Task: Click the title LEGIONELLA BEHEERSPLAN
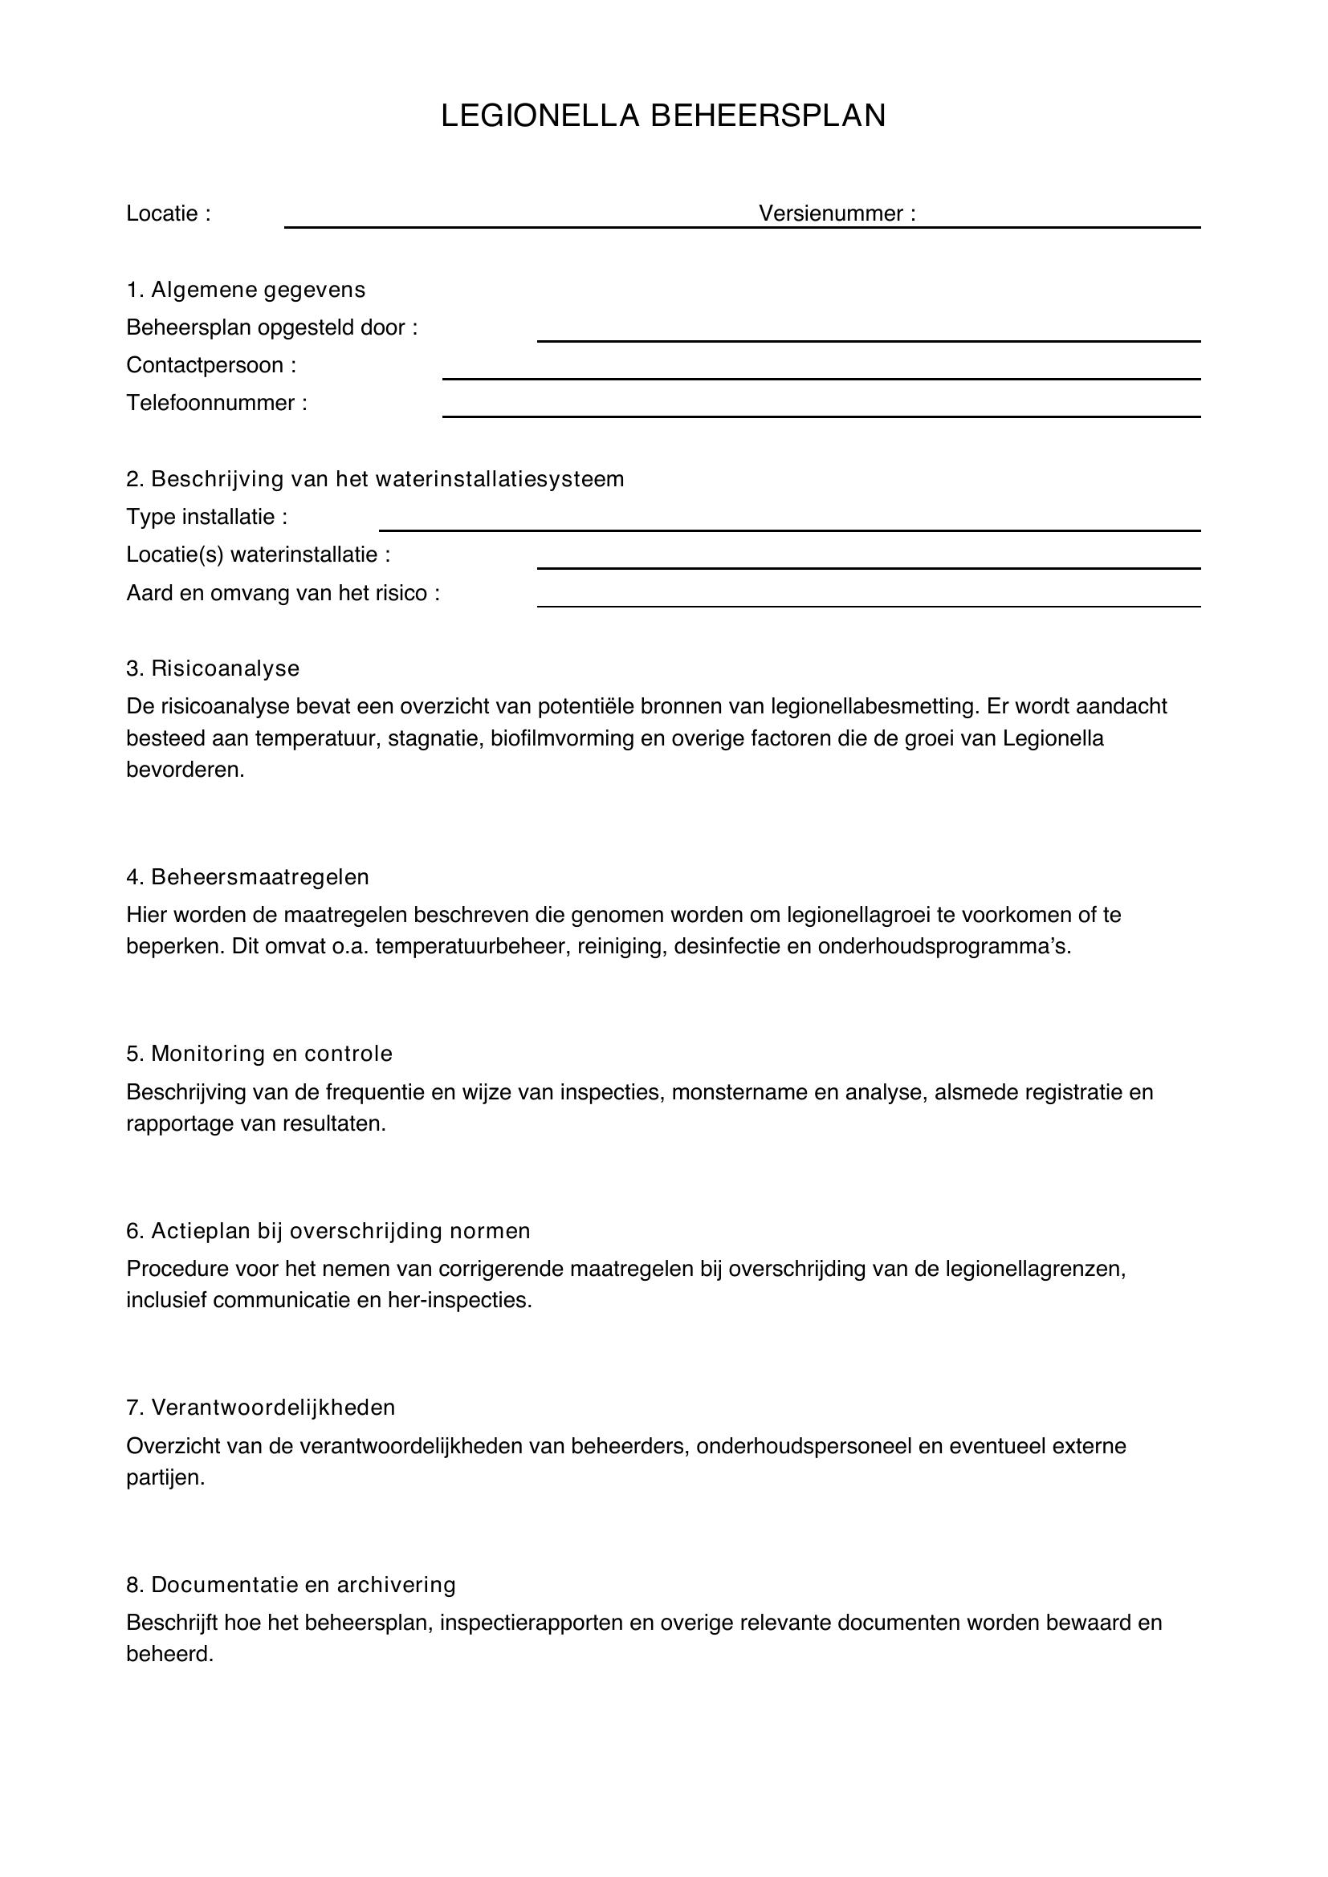tap(663, 116)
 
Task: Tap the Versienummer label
tap(837, 213)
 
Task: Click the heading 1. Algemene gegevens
tap(246, 290)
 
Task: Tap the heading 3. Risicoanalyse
tap(213, 668)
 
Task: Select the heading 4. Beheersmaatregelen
tap(248, 876)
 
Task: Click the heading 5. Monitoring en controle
tap(259, 1053)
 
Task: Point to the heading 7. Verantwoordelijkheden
tap(261, 1407)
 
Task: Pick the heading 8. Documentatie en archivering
tap(291, 1584)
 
